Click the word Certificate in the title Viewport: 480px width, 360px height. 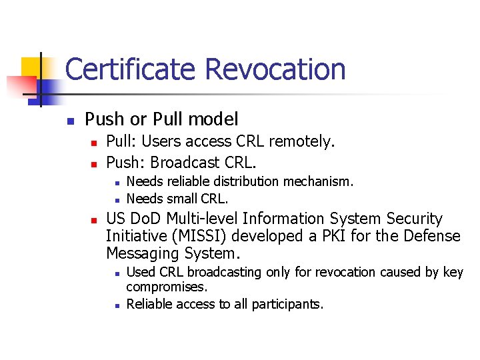tap(131, 69)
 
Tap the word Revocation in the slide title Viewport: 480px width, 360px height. tap(275, 69)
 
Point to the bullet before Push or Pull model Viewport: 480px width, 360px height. tap(69, 121)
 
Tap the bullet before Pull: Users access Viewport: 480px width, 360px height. tap(94, 142)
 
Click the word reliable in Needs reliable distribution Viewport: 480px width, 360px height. tap(179, 181)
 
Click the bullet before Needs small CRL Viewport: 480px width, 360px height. tap(115, 199)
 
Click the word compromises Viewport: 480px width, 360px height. tap(167, 287)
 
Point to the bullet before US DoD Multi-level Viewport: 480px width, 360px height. tap(94, 219)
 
